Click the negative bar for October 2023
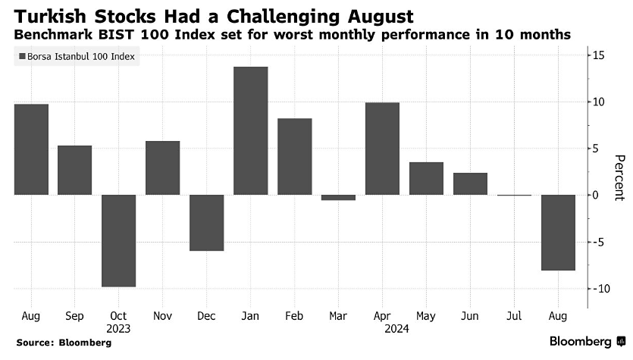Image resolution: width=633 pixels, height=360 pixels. (x=119, y=240)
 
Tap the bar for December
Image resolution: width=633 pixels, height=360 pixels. (x=206, y=222)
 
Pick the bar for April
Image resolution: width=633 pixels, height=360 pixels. (x=382, y=149)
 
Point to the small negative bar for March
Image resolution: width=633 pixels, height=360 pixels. (x=338, y=197)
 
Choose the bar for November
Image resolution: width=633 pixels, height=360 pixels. (x=162, y=167)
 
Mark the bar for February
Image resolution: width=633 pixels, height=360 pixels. (x=295, y=156)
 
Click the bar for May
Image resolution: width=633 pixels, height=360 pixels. (x=426, y=178)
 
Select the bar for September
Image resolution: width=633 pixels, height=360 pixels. (x=75, y=170)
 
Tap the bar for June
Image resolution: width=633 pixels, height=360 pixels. (x=470, y=183)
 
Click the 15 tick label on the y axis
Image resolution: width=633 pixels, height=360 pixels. (x=598, y=55)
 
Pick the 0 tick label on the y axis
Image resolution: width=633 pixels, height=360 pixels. (x=596, y=196)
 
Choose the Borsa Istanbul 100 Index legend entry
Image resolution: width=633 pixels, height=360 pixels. (x=77, y=57)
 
